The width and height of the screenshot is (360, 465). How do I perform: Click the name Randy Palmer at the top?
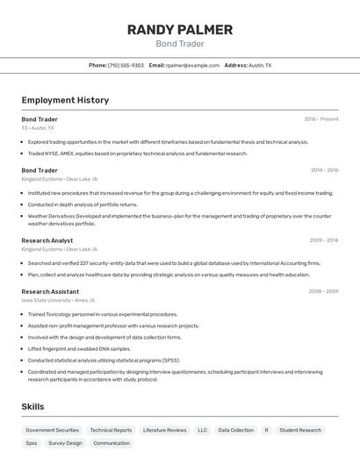tap(179, 30)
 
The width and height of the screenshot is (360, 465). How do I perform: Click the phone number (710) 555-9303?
tap(126, 65)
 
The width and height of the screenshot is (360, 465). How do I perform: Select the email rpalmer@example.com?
tap(192, 65)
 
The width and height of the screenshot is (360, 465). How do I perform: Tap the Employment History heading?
tap(65, 100)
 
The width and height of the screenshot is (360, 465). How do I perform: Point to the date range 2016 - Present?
tap(321, 118)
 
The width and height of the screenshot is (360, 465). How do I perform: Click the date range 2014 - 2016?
tap(324, 170)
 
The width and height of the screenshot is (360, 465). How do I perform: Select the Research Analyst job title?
tap(47, 240)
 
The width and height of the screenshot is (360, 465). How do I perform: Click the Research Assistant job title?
tap(50, 291)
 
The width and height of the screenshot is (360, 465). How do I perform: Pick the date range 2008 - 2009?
tap(323, 291)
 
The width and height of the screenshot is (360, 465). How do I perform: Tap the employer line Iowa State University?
tap(59, 300)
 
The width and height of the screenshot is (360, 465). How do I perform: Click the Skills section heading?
tap(32, 406)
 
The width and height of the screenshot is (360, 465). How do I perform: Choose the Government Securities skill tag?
tap(53, 430)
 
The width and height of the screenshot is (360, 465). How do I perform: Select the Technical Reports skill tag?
tap(111, 430)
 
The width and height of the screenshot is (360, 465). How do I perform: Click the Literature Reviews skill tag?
tap(164, 430)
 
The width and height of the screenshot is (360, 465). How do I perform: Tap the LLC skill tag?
tap(203, 430)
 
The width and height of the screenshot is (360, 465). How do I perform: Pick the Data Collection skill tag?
tap(235, 430)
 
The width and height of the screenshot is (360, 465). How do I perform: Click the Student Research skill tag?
tap(300, 430)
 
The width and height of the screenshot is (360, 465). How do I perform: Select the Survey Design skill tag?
tap(65, 443)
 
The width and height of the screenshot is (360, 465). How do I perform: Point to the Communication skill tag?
tap(112, 443)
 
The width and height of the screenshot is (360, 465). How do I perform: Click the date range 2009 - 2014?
tap(324, 240)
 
